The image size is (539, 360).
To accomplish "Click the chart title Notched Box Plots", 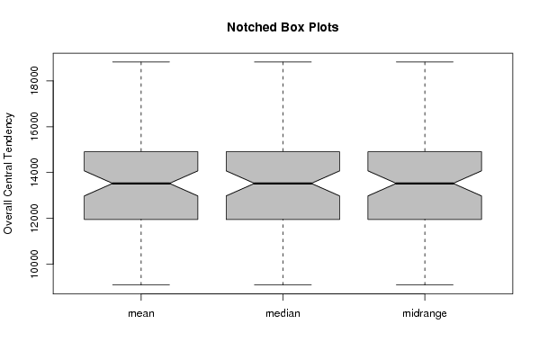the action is (283, 27).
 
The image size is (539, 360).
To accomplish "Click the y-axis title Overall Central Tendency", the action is (8, 174).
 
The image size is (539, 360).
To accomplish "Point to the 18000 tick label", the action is (34, 80).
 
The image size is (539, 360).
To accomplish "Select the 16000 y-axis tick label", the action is (34, 127).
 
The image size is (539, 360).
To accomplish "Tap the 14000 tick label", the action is (34, 172).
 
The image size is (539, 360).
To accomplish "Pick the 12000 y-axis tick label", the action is (34, 218).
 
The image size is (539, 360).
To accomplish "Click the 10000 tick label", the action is (34, 264).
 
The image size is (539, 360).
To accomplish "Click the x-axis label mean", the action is (141, 313).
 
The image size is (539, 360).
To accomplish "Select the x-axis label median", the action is (283, 313).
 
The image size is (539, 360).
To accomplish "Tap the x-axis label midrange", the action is (425, 313).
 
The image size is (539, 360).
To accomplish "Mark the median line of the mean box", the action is (141, 184).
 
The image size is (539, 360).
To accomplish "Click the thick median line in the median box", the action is (283, 184).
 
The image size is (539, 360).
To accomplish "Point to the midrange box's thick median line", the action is (425, 184).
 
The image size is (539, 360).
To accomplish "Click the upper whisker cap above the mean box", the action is (141, 62).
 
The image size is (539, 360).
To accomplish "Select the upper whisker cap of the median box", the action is (283, 62).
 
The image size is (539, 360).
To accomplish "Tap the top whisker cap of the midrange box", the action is (425, 62).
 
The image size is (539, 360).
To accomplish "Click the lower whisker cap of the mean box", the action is (141, 284).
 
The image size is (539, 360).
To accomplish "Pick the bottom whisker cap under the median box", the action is (283, 284).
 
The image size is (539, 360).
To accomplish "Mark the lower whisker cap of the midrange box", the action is (425, 284).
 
